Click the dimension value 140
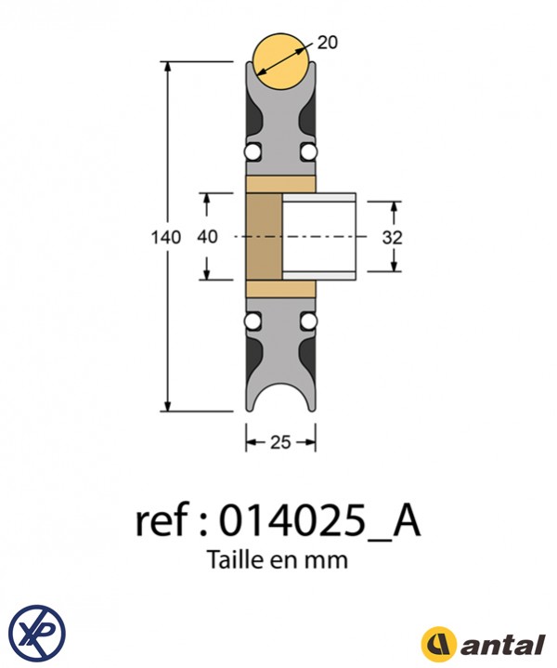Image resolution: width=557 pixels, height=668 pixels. [165, 237]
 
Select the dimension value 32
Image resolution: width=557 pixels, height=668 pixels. [393, 237]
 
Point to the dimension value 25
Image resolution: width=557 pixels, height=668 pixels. [280, 443]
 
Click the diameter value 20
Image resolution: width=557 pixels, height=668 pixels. [328, 42]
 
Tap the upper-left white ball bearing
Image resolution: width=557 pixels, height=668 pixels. [252, 151]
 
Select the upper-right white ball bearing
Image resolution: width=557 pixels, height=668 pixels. [309, 151]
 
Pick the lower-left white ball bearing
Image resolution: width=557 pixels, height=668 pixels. [252, 322]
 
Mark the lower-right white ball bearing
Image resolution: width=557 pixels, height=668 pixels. [309, 322]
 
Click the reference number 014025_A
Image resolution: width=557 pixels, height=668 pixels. [319, 523]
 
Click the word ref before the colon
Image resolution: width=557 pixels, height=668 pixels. [161, 523]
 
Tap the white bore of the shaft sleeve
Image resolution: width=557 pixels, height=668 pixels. [318, 237]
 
